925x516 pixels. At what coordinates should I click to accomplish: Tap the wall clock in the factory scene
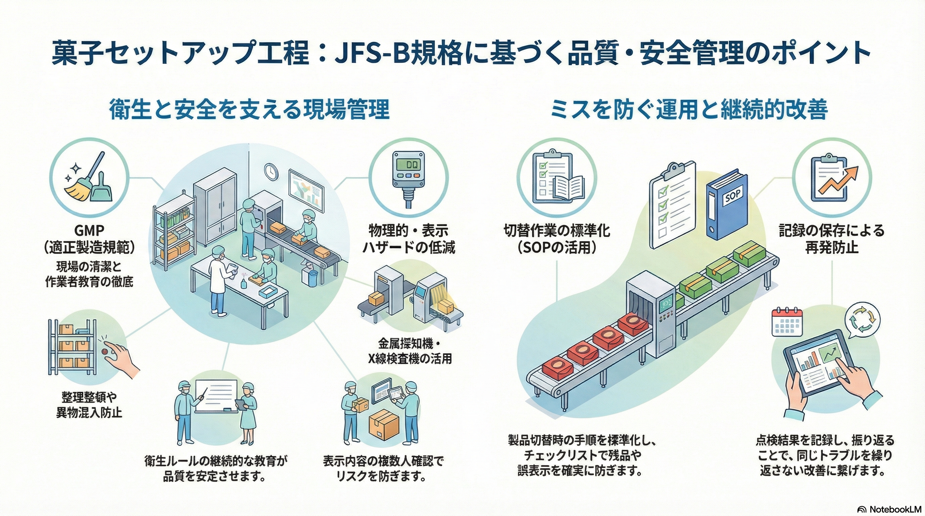pos(271,172)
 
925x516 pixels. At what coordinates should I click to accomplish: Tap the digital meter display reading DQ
pos(408,165)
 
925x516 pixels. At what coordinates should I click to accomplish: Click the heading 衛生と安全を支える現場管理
pos(249,110)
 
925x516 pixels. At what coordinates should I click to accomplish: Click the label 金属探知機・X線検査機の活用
pos(410,351)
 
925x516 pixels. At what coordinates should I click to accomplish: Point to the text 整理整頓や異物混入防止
pos(89,404)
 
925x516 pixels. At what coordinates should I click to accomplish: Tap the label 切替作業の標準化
pos(557,230)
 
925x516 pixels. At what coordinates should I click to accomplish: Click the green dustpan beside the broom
pos(101,189)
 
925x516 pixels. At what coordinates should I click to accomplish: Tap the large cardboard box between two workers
pos(384,425)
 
